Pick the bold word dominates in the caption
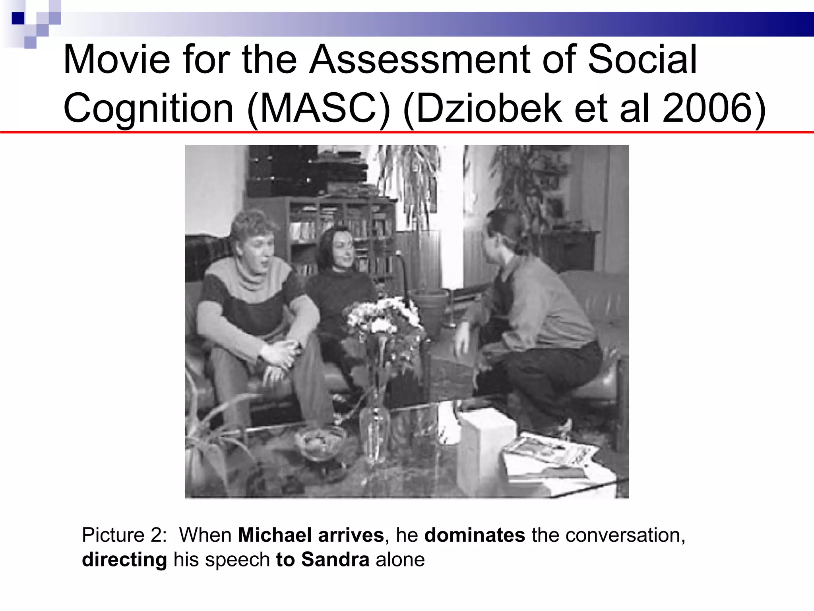(475, 535)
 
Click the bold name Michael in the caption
(275, 535)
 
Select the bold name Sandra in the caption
(335, 560)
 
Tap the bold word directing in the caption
(124, 560)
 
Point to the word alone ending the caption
(400, 560)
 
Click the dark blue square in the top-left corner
(18, 18)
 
